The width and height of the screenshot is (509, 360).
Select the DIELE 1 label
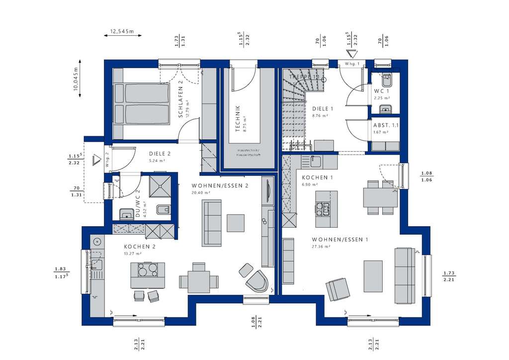point(322,108)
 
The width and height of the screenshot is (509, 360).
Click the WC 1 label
point(381,91)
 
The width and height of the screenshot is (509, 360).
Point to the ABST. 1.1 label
point(386,125)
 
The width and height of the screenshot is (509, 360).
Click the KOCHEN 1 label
point(318,178)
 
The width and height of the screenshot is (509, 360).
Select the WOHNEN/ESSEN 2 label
point(219,185)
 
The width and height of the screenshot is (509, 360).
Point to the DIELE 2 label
point(160,154)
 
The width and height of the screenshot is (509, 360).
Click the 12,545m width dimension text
point(122,31)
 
